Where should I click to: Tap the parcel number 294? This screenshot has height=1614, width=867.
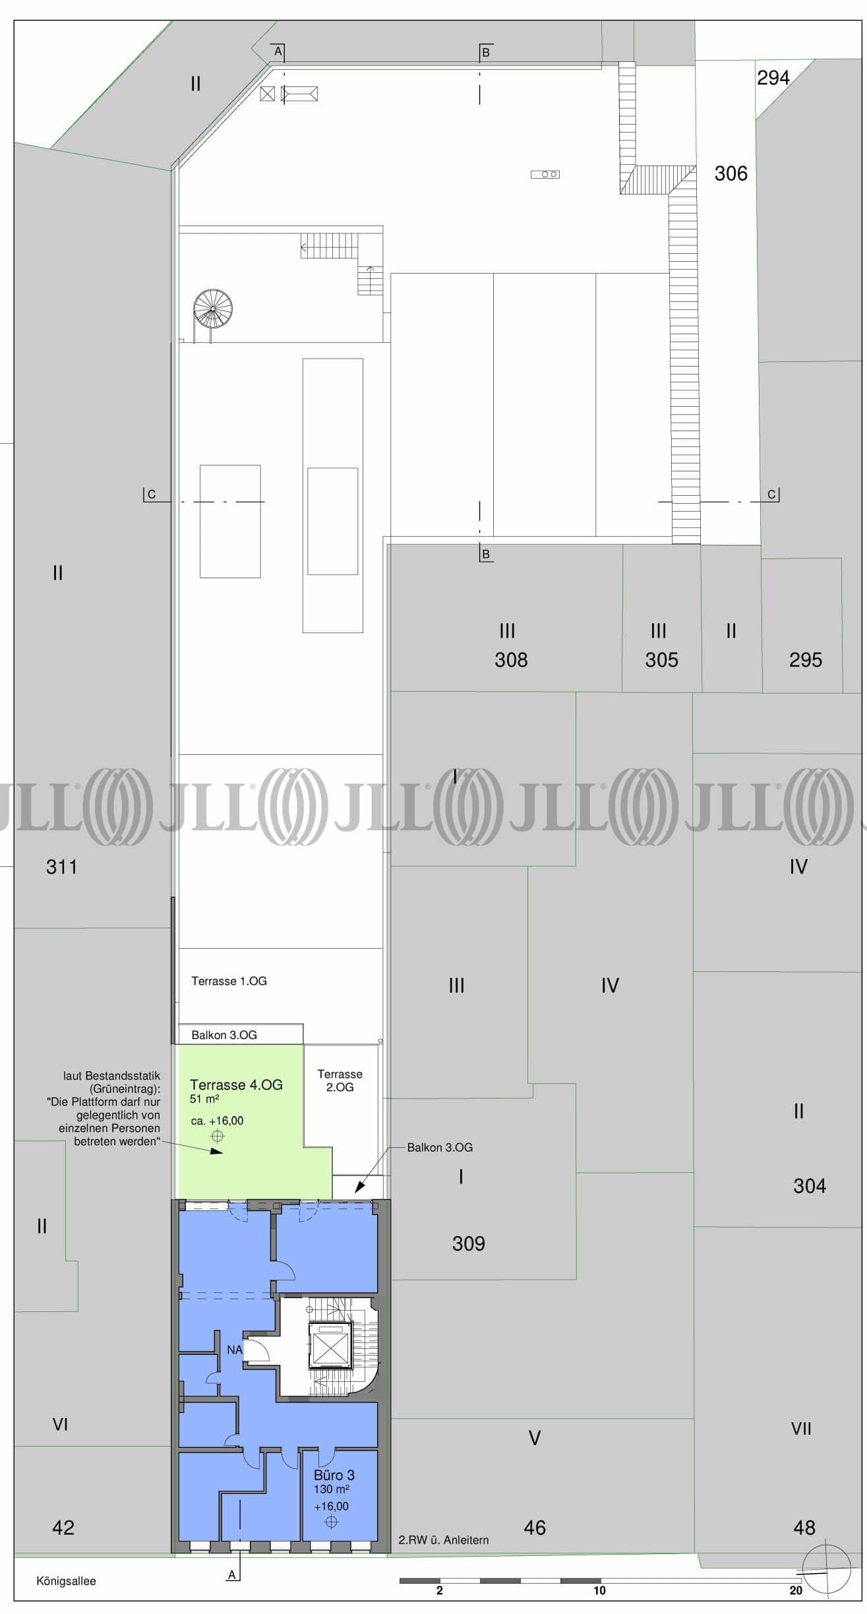(773, 78)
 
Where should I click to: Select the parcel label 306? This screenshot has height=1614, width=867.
(731, 173)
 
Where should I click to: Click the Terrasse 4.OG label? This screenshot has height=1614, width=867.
(236, 1085)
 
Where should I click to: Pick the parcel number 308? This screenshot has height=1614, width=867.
(511, 659)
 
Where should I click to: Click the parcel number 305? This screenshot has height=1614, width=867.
(661, 659)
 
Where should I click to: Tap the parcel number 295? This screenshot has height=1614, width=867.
(806, 659)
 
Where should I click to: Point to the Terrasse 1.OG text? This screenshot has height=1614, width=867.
(229, 981)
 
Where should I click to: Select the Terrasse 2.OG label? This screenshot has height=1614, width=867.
(340, 1080)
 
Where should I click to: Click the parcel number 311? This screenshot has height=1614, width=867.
(61, 866)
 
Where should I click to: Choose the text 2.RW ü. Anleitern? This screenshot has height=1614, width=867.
(444, 1540)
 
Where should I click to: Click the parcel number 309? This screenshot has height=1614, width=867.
(468, 1243)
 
